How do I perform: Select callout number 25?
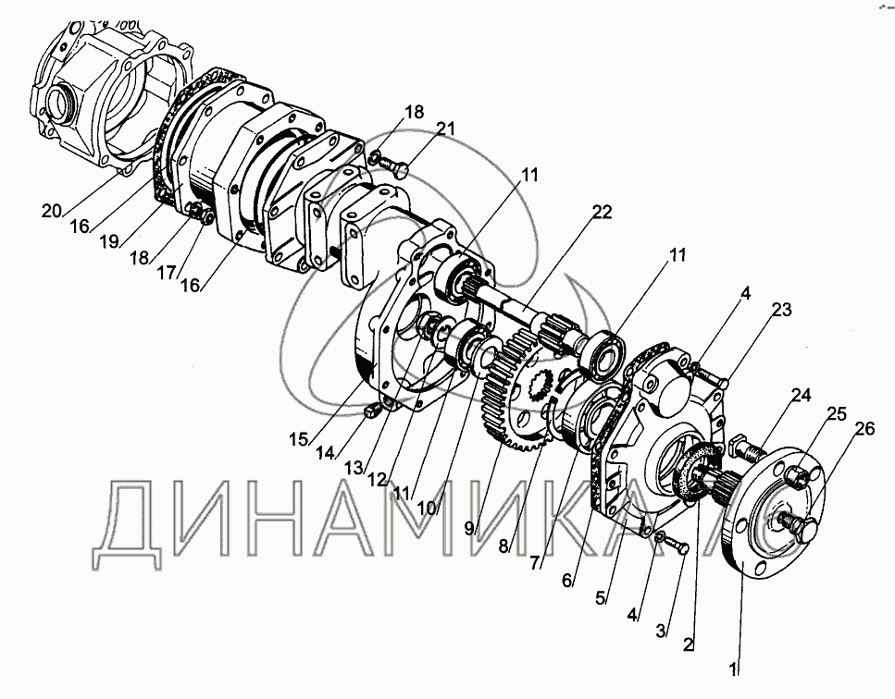click(836, 413)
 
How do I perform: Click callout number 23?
click(782, 312)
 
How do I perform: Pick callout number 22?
click(602, 212)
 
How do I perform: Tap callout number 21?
click(446, 129)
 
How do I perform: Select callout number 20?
click(51, 210)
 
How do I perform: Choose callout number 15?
click(297, 438)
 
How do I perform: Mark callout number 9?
click(470, 529)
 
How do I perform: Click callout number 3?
click(661, 632)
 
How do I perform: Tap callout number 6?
click(568, 582)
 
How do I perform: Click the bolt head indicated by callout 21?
click(400, 169)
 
